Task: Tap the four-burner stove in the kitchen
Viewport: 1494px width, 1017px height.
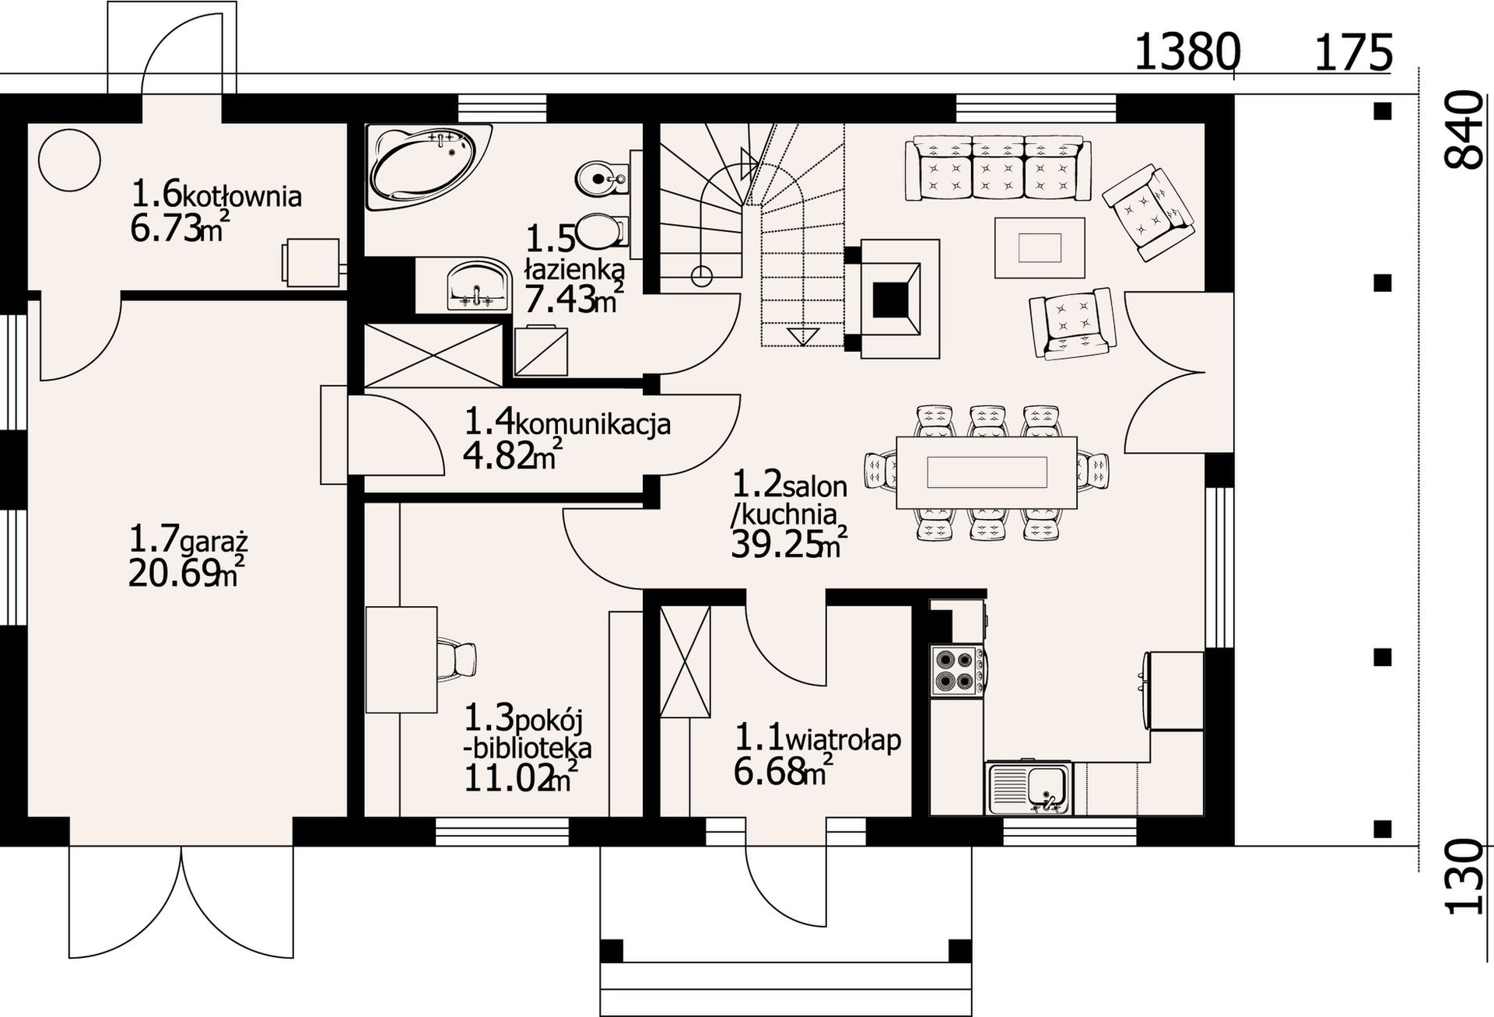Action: pyautogui.click(x=958, y=670)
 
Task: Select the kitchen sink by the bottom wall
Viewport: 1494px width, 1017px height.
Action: pyautogui.click(x=1028, y=788)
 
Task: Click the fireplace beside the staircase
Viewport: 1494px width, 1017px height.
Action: pyautogui.click(x=893, y=299)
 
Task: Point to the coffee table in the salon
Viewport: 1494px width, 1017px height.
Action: pyautogui.click(x=1040, y=247)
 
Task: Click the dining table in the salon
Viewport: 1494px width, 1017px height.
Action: pyautogui.click(x=987, y=472)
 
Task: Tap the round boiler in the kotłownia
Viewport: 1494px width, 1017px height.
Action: pyautogui.click(x=69, y=160)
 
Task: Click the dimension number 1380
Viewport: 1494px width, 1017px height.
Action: pyautogui.click(x=1187, y=53)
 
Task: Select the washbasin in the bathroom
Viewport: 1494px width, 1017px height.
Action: pyautogui.click(x=476, y=286)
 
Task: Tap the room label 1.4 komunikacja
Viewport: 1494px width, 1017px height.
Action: pyautogui.click(x=567, y=423)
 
